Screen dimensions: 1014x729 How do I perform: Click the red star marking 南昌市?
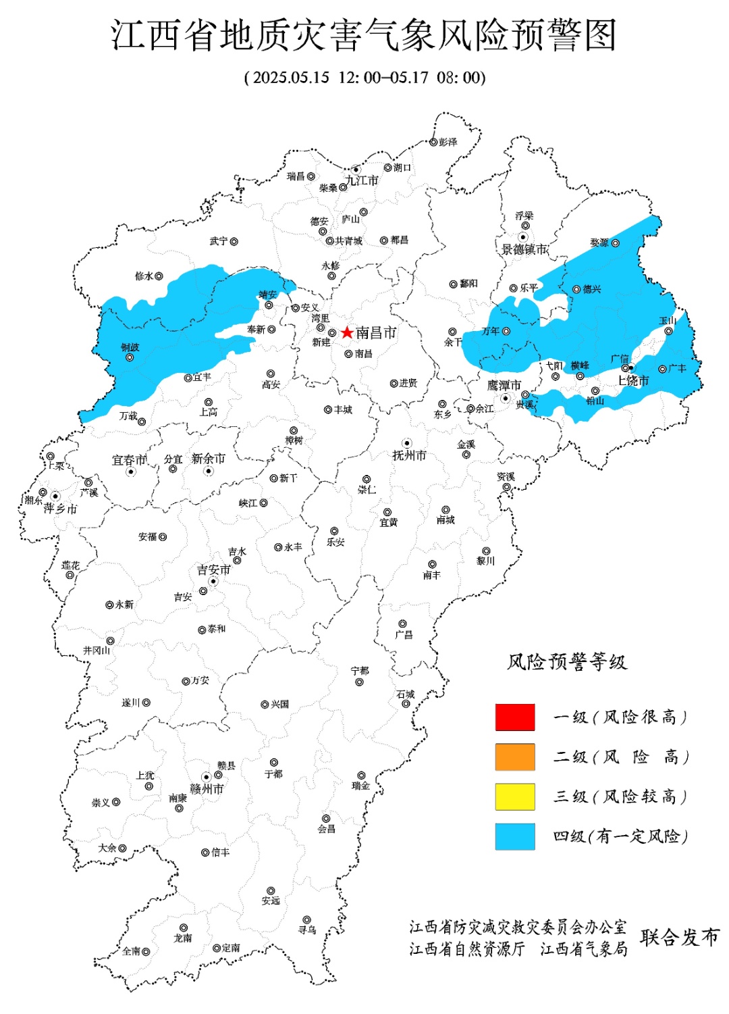click(x=347, y=332)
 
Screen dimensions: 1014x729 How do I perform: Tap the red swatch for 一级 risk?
click(x=515, y=717)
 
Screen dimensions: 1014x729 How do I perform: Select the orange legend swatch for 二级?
click(x=515, y=757)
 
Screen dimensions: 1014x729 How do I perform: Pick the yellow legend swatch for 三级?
click(x=515, y=796)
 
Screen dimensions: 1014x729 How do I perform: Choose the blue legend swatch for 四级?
click(x=515, y=836)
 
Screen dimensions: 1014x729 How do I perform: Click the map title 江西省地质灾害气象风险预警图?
click(x=364, y=35)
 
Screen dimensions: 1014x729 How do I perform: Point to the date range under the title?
click(x=364, y=77)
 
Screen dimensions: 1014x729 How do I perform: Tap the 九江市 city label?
click(x=362, y=181)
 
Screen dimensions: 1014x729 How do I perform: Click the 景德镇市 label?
click(x=524, y=250)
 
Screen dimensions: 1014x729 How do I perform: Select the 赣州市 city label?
click(x=207, y=789)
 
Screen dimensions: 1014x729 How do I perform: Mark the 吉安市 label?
click(x=214, y=570)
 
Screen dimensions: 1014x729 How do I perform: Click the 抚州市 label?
click(x=409, y=455)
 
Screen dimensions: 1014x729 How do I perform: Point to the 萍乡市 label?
click(x=60, y=509)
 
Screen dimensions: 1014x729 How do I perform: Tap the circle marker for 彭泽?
click(x=433, y=142)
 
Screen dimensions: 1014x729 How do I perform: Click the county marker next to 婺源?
click(x=615, y=243)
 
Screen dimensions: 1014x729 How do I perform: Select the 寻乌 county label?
click(x=307, y=930)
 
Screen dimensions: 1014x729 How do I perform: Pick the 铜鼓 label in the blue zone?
click(x=130, y=347)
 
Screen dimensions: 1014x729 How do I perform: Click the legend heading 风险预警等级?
click(x=567, y=662)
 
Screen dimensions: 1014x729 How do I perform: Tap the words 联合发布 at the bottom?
click(x=680, y=938)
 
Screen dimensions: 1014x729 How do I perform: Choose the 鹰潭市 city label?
click(x=504, y=385)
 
